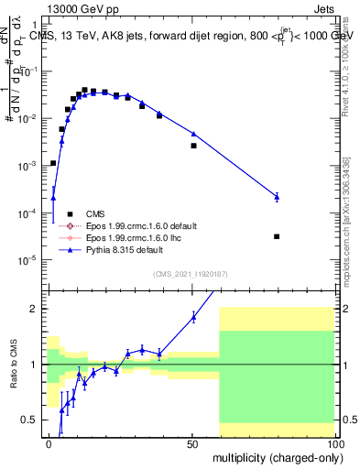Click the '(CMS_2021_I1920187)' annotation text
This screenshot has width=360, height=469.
point(190,273)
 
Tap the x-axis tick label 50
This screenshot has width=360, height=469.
point(191,443)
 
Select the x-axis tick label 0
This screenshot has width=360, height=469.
point(49,443)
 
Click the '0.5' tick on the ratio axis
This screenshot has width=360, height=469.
point(31,420)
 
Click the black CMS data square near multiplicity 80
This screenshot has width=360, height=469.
point(277,236)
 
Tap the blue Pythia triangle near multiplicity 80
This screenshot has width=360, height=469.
point(277,196)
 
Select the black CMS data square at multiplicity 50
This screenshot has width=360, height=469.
point(193,146)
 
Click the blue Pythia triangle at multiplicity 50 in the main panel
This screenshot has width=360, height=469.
point(193,134)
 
